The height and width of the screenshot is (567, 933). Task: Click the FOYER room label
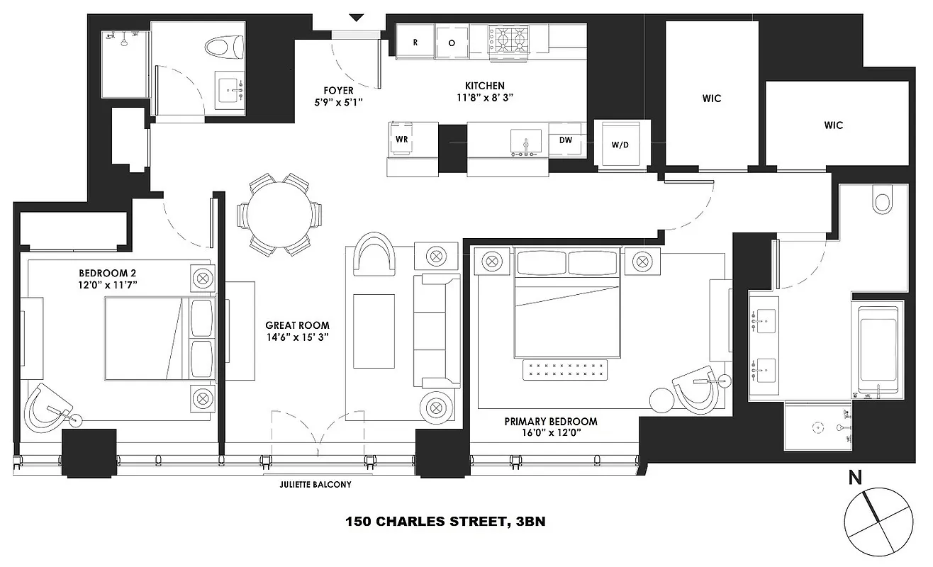point(338,91)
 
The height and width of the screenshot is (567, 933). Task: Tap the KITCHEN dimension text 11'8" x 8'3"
point(484,97)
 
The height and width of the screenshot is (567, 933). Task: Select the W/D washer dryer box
point(620,145)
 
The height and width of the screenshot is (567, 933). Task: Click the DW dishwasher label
point(565,140)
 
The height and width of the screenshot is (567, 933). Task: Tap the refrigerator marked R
point(415,42)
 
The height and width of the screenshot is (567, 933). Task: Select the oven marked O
point(452,42)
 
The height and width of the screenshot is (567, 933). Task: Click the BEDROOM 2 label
point(108,273)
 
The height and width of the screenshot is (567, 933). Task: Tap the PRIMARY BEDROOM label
point(550,421)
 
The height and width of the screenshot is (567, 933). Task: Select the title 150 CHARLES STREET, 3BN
point(445,522)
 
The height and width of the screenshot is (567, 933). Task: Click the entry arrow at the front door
point(356,17)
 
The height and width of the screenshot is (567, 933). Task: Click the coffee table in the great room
point(374,331)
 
